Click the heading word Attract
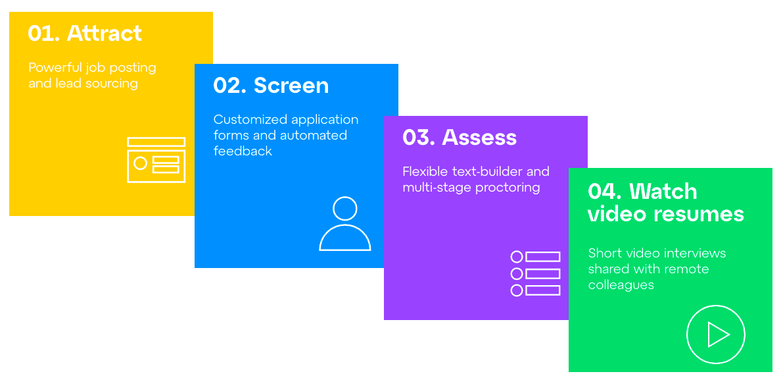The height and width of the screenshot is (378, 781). [104, 34]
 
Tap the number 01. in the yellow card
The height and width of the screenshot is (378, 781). [44, 34]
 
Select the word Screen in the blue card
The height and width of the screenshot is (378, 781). [291, 85]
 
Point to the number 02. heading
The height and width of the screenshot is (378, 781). [230, 85]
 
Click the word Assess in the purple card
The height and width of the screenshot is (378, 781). [480, 137]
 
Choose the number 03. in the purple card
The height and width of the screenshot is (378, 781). [419, 137]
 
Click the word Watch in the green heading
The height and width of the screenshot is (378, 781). [663, 192]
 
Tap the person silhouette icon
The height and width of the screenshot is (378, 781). [345, 224]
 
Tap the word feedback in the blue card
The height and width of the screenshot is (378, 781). [243, 151]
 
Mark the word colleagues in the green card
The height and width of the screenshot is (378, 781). [621, 284]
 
